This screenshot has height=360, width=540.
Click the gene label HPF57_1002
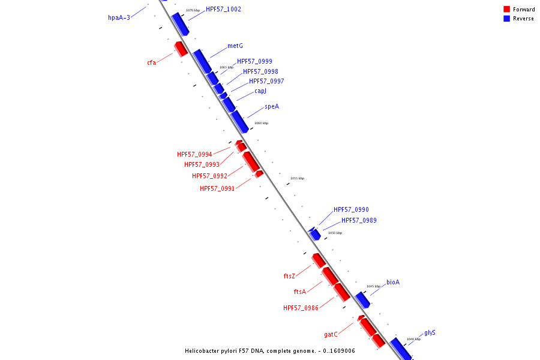pos(223,10)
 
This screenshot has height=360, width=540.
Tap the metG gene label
pos(235,46)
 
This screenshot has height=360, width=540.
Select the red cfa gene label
pos(151,62)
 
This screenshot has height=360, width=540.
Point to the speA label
pos(272,107)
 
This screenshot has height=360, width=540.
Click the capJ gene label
pos(260,91)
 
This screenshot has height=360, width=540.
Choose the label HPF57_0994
pos(194,154)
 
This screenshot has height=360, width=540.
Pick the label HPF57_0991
pos(217,188)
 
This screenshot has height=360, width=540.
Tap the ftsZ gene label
pos(289,276)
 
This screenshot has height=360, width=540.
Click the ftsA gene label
pos(300,292)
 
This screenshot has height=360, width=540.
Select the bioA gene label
pos(393,282)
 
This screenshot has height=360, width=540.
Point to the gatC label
pos(331,334)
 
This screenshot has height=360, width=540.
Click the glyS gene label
pos(430,332)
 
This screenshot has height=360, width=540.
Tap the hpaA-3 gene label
pos(119,18)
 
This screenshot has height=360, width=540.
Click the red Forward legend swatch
pos(507,10)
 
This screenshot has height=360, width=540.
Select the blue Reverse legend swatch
pos(507,19)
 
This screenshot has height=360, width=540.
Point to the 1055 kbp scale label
pos(297,178)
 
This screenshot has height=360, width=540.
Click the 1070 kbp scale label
pos(193,10)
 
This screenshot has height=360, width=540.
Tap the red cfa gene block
pos(181,49)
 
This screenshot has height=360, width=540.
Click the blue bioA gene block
pos(362,299)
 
